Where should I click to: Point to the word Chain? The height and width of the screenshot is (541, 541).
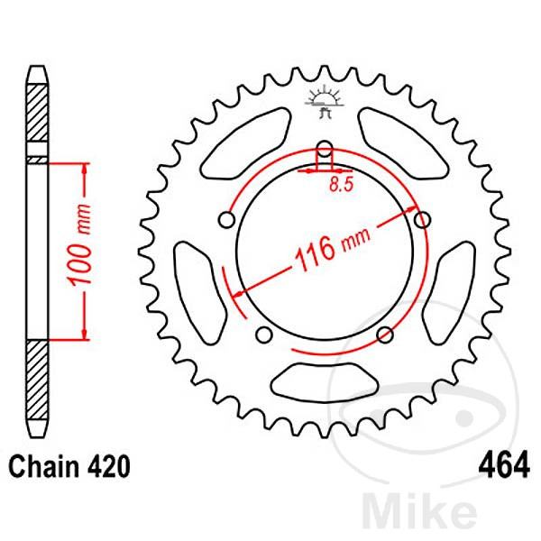45,467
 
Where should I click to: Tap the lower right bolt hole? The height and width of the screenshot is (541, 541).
385,335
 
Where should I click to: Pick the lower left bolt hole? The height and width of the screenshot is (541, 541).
264,335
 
